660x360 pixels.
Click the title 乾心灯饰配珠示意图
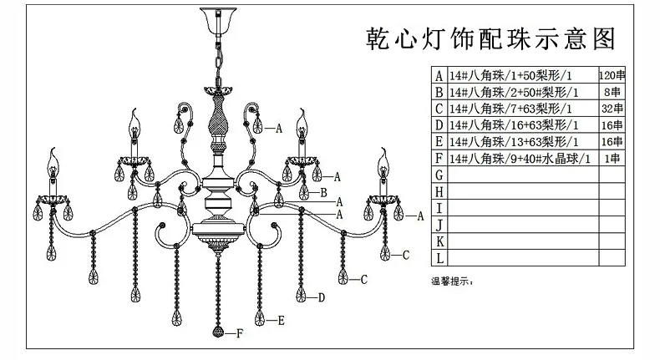click(490, 39)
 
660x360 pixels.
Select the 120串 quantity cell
click(612, 75)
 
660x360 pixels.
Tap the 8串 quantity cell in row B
click(612, 92)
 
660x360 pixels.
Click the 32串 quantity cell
click(612, 109)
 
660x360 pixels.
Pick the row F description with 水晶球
click(520, 159)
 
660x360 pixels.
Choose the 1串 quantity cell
click(612, 159)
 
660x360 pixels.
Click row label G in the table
click(439, 175)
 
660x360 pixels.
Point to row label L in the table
click(439, 258)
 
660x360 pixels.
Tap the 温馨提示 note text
click(452, 281)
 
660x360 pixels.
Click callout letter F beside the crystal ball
click(240, 333)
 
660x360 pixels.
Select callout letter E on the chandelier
click(281, 321)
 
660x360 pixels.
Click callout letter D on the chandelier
click(321, 297)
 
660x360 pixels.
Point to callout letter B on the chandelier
click(323, 193)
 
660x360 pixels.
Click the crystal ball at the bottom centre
click(218, 331)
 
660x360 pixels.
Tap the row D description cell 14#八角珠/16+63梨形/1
click(514, 125)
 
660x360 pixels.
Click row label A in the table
click(439, 75)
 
